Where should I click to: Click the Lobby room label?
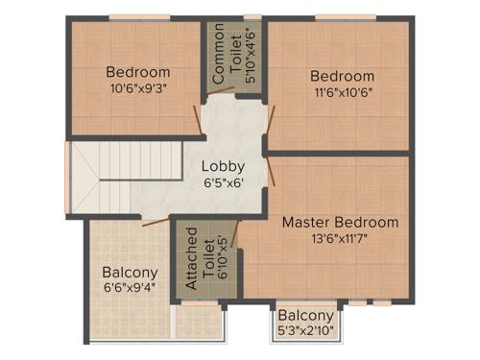(x=223, y=165)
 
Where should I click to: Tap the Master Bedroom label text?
(x=340, y=223)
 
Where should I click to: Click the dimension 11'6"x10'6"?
(x=342, y=92)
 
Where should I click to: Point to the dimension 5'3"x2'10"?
(x=306, y=331)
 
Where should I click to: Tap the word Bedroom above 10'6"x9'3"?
(x=138, y=72)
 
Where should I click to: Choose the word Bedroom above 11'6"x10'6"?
(x=342, y=76)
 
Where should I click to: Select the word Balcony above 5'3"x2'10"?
(x=306, y=316)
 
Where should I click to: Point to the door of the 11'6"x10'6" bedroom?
(x=272, y=119)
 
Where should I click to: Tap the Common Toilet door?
(x=220, y=92)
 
